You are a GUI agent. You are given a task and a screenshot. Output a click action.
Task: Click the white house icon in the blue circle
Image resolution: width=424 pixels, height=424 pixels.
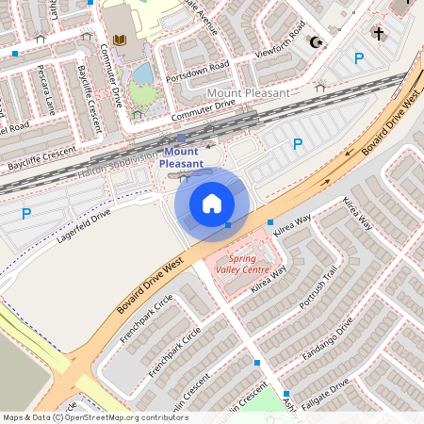coord(212,203)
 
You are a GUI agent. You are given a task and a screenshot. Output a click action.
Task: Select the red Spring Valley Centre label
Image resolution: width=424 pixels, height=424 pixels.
coord(242,263)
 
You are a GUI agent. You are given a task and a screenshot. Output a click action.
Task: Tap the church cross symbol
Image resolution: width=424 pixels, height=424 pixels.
coord(379,33)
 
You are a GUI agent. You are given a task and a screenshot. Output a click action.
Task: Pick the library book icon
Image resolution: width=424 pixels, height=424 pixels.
coord(119,40)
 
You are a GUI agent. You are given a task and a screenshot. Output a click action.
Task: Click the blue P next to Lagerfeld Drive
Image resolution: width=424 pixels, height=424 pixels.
coord(26,214)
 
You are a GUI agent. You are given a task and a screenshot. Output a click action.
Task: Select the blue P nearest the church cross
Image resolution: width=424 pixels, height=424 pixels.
coord(358,58)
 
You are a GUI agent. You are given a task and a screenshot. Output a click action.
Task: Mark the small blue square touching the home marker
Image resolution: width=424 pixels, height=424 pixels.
coord(228,225)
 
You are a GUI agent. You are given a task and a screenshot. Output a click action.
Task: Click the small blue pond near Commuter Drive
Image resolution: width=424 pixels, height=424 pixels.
coord(142,73)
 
